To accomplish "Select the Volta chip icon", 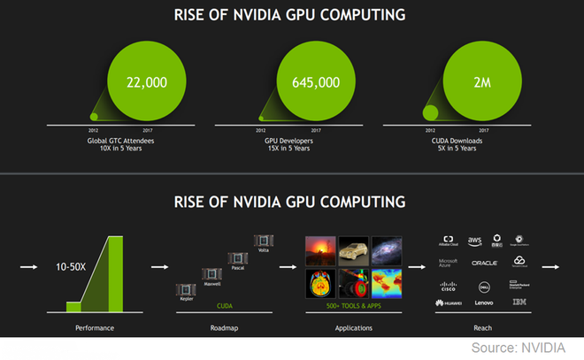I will click(x=262, y=241).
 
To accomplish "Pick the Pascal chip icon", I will click(x=236, y=257).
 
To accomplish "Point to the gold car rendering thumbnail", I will click(x=354, y=249).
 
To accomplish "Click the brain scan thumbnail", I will click(x=319, y=286).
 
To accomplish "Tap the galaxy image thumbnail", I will click(x=387, y=249).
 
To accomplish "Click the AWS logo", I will click(x=474, y=240).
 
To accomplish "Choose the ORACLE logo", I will click(x=484, y=263).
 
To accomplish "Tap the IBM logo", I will click(x=519, y=303).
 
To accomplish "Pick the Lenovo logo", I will click(x=484, y=303).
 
